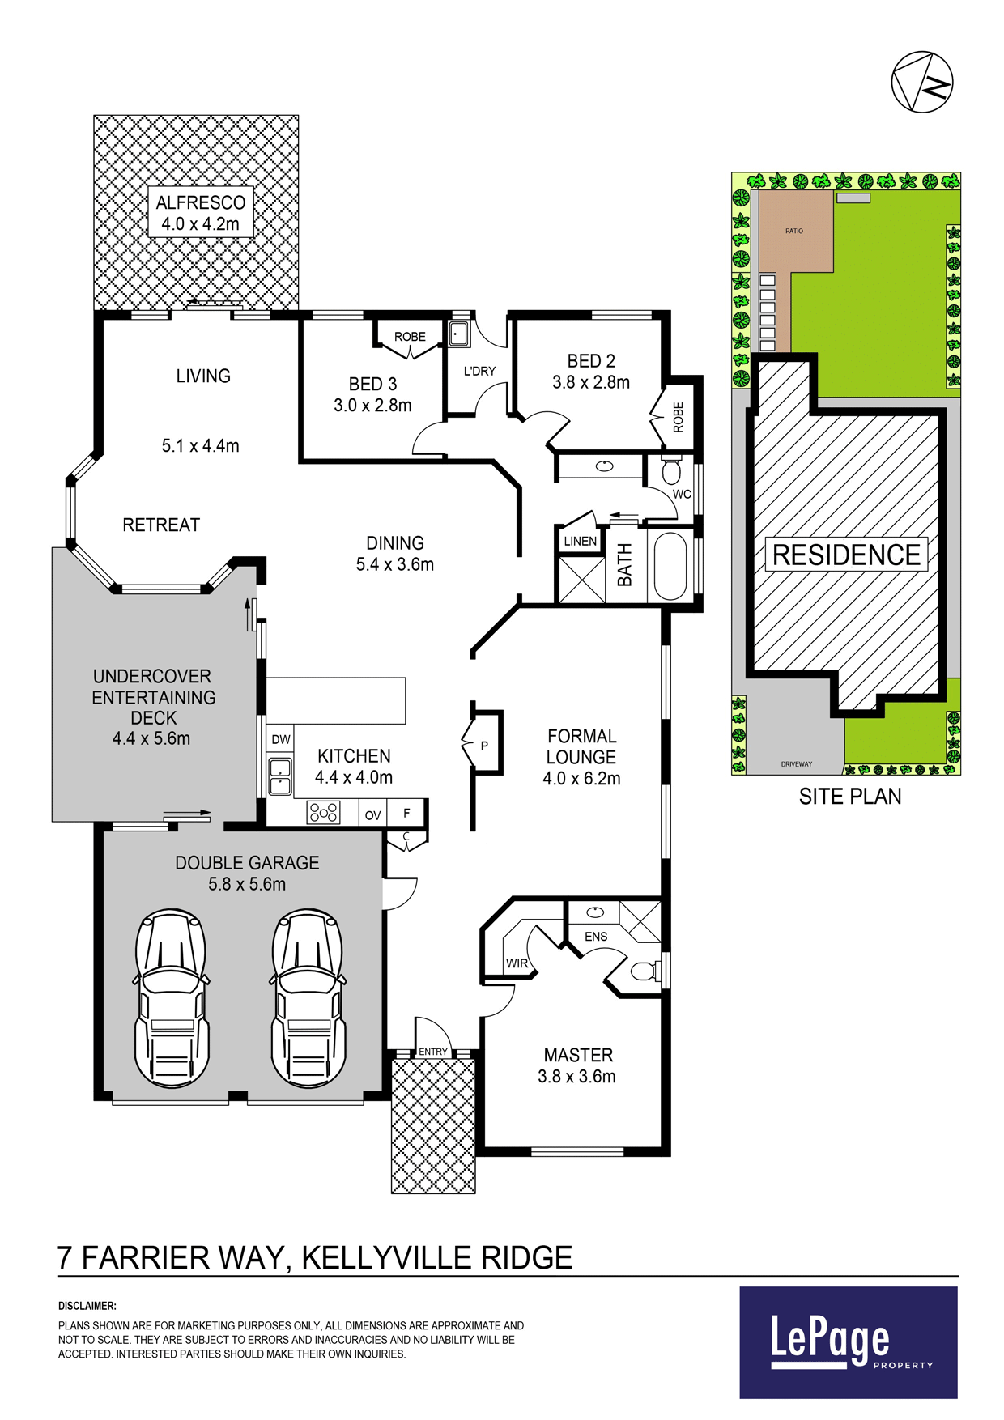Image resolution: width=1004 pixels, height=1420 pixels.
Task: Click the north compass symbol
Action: [x=921, y=82]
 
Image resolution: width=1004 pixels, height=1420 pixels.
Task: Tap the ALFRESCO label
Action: [x=201, y=202]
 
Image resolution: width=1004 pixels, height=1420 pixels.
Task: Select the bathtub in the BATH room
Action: [x=670, y=566]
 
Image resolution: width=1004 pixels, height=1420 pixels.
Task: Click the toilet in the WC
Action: [x=671, y=471]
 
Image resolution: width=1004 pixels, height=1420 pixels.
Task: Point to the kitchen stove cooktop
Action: [x=324, y=812]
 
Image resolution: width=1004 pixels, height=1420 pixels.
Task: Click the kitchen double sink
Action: [x=279, y=776]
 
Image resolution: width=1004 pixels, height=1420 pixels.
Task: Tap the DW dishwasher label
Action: [x=281, y=739]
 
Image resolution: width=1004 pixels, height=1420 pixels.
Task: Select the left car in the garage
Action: [x=172, y=997]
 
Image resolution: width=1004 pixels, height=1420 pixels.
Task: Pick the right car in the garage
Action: [x=308, y=997]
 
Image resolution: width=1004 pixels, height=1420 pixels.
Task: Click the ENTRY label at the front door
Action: [x=433, y=1052]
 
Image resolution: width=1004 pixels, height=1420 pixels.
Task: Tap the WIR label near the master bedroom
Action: [x=517, y=963]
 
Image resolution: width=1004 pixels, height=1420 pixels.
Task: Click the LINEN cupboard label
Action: [x=580, y=541]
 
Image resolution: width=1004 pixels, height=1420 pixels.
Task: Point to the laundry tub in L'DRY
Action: [x=459, y=334]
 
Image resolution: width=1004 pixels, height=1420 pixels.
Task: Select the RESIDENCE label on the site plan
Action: [x=846, y=555]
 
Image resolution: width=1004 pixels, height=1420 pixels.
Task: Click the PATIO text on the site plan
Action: [x=794, y=231]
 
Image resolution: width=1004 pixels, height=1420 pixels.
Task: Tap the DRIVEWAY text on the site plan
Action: [x=797, y=763]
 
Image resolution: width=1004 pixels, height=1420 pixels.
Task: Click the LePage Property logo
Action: [x=849, y=1342]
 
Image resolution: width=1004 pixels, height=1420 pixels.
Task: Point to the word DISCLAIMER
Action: [x=87, y=1305]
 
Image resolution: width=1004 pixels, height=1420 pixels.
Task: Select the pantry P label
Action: [x=484, y=745]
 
